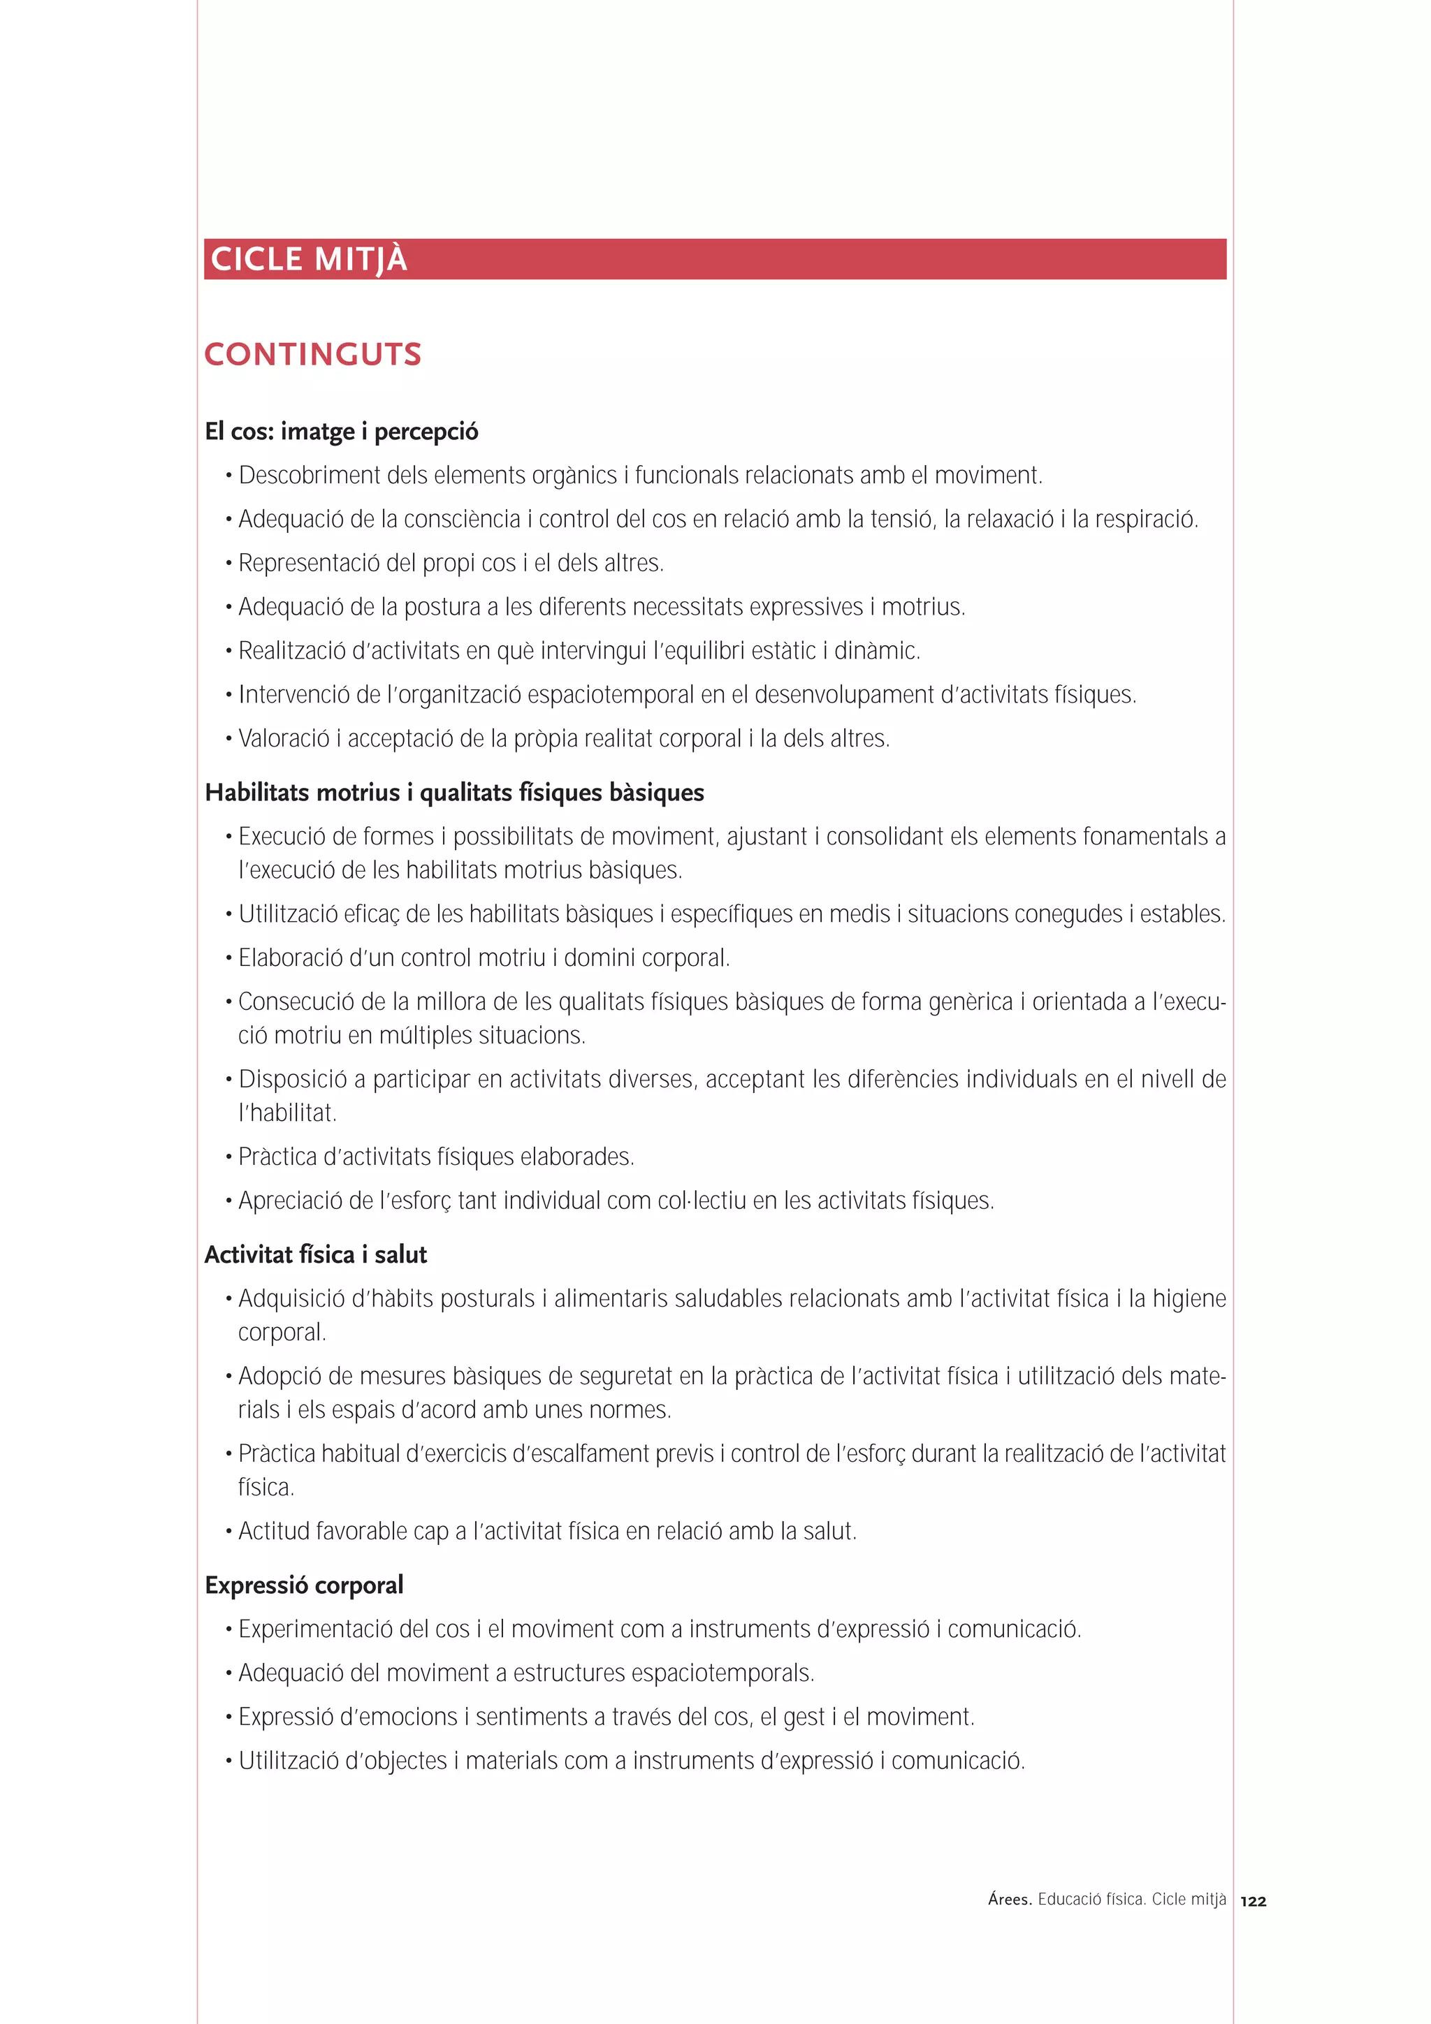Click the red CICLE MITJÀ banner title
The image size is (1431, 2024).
(x=309, y=259)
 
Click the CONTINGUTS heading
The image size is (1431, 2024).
(x=313, y=354)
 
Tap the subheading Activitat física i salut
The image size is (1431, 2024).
(x=316, y=1254)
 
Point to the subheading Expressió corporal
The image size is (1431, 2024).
(x=304, y=1585)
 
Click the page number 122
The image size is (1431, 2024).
(x=1253, y=1902)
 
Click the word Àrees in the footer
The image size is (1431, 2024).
(x=1010, y=1900)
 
